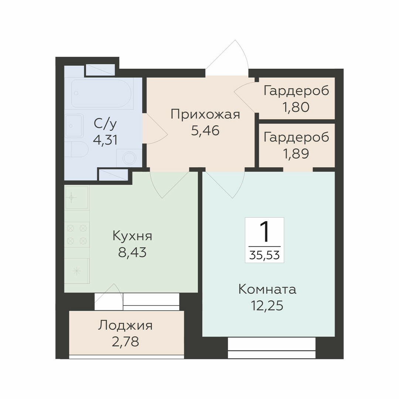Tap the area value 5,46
pyautogui.click(x=205, y=131)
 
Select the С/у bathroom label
pyautogui.click(x=105, y=124)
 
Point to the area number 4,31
pyautogui.click(x=105, y=140)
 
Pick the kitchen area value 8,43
pyautogui.click(x=132, y=252)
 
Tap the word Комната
pyautogui.click(x=267, y=290)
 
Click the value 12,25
pyautogui.click(x=267, y=306)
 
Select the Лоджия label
pyautogui.click(x=125, y=326)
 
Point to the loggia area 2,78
pyautogui.click(x=125, y=342)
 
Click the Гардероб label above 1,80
pyautogui.click(x=296, y=91)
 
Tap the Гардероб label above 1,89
pyautogui.click(x=296, y=137)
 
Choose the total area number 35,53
pyautogui.click(x=265, y=255)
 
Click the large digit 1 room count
pyautogui.click(x=265, y=232)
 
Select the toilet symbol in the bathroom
pyautogui.click(x=76, y=149)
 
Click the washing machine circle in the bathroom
pyautogui.click(x=129, y=158)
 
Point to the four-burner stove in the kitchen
pyautogui.click(x=76, y=234)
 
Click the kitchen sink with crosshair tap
pyautogui.click(x=76, y=197)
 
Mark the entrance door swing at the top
pyautogui.click(x=227, y=58)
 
